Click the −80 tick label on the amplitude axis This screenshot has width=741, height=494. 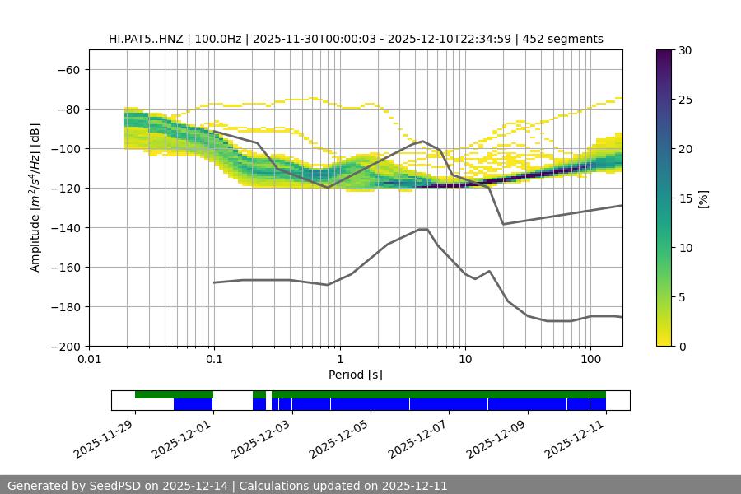coord(67,109)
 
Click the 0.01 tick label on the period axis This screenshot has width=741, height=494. coord(89,359)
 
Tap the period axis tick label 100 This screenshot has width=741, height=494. coord(590,359)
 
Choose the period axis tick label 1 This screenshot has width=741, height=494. coord(339,359)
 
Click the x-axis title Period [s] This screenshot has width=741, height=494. coord(355,375)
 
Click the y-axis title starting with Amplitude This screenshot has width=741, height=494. coord(35,198)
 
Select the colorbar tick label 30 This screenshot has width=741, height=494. coord(685,50)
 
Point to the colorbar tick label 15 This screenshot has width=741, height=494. coord(685,198)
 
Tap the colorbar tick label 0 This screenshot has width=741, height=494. coord(682,346)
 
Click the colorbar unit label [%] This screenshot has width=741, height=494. coord(703,198)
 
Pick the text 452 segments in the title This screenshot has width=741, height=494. coord(568,39)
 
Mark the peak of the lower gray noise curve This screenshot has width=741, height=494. coord(422,229)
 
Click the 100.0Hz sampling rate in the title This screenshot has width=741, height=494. coord(219,39)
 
